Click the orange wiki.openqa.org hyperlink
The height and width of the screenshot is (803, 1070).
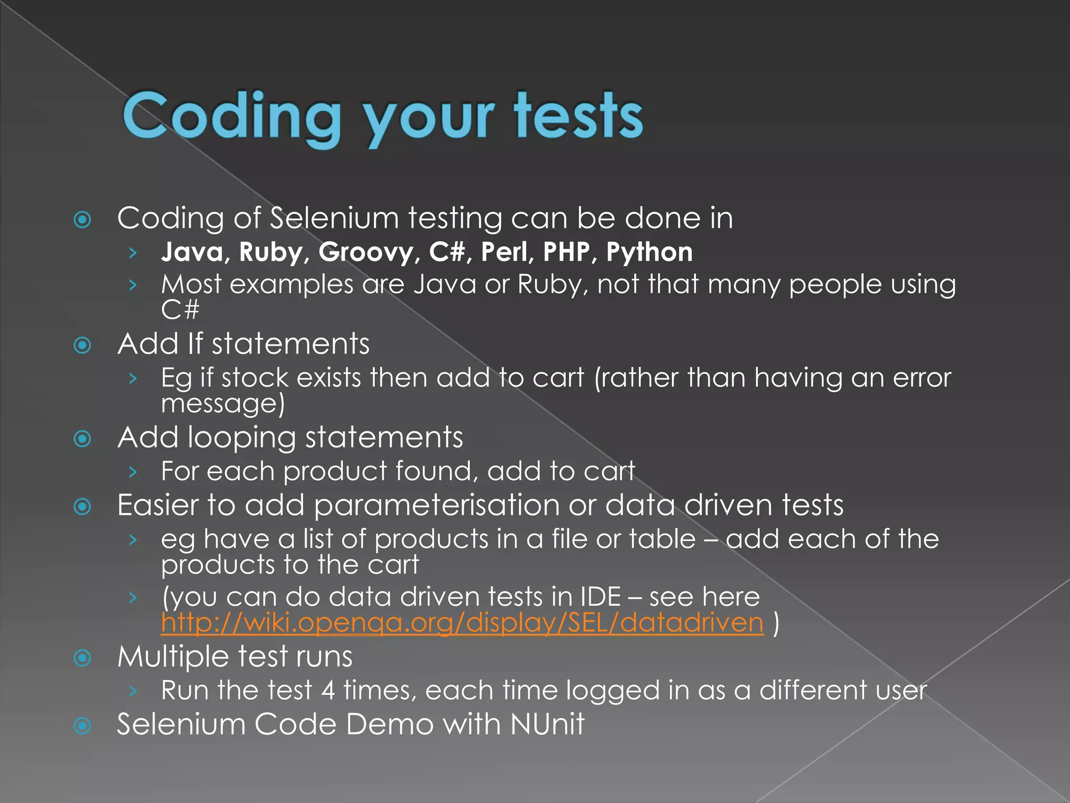tap(462, 623)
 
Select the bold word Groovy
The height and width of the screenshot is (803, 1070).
tap(366, 252)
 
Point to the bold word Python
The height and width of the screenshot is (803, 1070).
tap(649, 252)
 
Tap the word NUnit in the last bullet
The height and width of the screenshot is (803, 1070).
tap(547, 724)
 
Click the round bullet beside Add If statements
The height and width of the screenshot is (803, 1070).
tap(83, 345)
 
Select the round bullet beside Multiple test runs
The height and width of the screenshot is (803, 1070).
tap(83, 658)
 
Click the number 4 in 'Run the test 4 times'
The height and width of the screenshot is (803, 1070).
tap(328, 690)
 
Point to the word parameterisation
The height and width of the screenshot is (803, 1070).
tap(437, 506)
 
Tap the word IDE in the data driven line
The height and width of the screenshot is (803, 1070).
tap(600, 596)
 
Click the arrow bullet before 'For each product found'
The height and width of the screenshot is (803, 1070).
tap(133, 472)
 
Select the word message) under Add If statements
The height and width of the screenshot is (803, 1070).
tap(223, 404)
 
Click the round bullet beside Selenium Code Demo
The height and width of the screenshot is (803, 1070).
tap(83, 726)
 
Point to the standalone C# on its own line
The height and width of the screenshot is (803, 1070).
tap(180, 310)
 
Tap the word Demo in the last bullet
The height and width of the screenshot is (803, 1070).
tap(389, 724)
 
